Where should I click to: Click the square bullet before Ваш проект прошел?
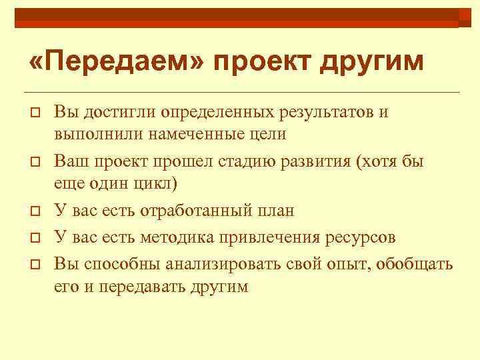33,163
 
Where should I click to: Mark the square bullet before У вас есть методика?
33,237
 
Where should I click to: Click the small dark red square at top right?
465,17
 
